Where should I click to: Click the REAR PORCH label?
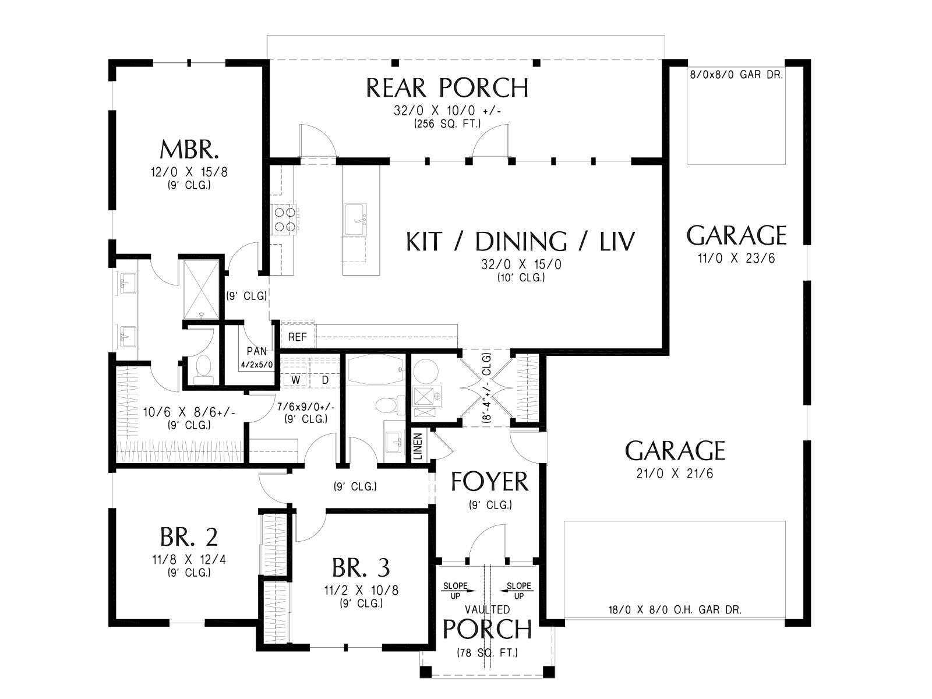pyautogui.click(x=447, y=87)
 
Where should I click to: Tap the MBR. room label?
pyautogui.click(x=189, y=149)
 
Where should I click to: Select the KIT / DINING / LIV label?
pyautogui.click(x=521, y=241)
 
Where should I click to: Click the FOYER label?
pyautogui.click(x=489, y=481)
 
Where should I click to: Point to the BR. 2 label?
pyautogui.click(x=189, y=536)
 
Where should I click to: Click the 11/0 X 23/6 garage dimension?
pyautogui.click(x=736, y=258)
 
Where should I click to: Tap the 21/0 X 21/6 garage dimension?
pyautogui.click(x=675, y=473)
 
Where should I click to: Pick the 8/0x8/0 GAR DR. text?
pyautogui.click(x=736, y=75)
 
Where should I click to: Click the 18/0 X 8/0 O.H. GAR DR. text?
pyautogui.click(x=675, y=610)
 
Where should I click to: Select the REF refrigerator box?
pyautogui.click(x=297, y=337)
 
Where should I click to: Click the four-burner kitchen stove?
pyautogui.click(x=285, y=220)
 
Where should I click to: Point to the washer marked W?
pyautogui.click(x=295, y=380)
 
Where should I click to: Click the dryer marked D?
pyautogui.click(x=325, y=380)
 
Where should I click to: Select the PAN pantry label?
pyautogui.click(x=257, y=351)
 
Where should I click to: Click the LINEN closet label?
pyautogui.click(x=418, y=446)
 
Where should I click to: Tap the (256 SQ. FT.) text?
pyautogui.click(x=447, y=124)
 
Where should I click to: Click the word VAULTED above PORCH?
pyautogui.click(x=487, y=609)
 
